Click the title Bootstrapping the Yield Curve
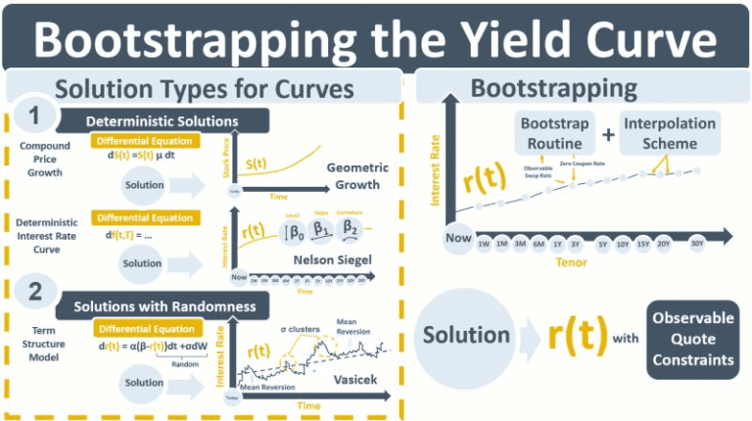tap(376, 36)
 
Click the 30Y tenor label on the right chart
tap(696, 243)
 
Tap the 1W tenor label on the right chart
tap(484, 243)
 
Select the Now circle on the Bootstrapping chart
tap(458, 238)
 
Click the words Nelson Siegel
tap(332, 259)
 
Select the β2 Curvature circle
tap(350, 229)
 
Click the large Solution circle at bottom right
tap(466, 335)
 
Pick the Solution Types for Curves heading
tap(204, 88)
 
